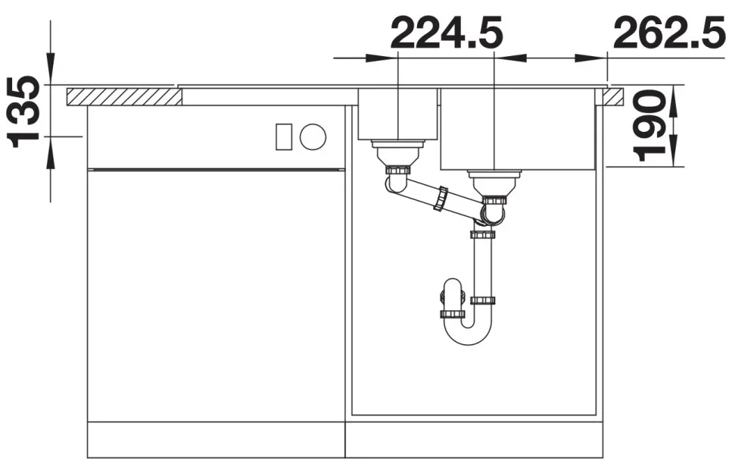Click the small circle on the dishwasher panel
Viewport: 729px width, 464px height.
313,136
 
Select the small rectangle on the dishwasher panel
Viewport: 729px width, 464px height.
284,137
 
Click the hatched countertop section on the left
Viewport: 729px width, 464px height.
123,96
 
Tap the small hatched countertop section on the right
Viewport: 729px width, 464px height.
614,96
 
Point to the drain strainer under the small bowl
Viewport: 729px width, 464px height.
397,152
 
